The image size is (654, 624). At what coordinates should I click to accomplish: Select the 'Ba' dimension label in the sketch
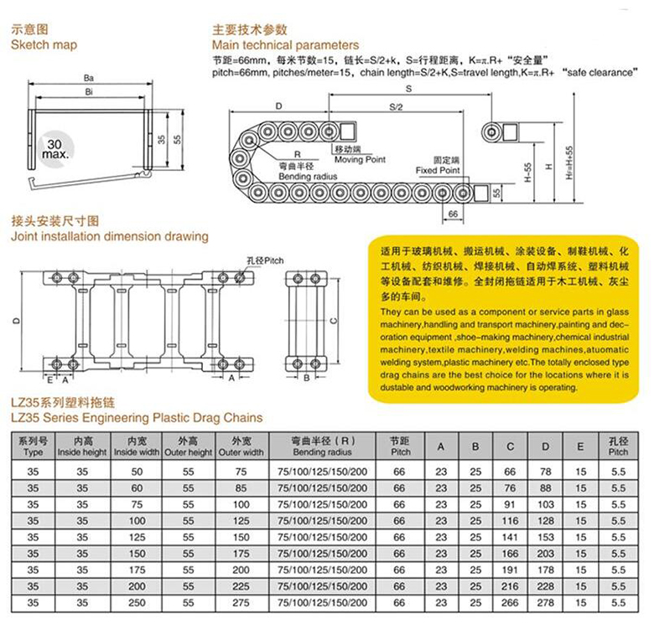(x=88, y=78)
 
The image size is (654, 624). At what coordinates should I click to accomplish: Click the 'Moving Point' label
(x=360, y=159)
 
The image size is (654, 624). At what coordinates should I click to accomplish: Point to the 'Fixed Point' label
(x=439, y=170)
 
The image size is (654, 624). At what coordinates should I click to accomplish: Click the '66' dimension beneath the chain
(x=454, y=215)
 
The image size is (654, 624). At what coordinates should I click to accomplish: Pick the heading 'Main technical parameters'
(x=285, y=44)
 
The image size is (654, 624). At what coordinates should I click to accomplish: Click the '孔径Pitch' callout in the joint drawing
(x=265, y=260)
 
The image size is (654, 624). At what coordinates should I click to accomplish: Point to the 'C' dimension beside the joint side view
(x=333, y=321)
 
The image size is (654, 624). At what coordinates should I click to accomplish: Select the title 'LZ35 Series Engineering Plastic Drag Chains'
(x=137, y=417)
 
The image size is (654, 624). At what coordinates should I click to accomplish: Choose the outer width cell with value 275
(x=241, y=602)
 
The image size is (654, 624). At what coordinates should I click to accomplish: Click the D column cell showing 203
(x=546, y=554)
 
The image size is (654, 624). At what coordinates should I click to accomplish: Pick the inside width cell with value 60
(x=137, y=487)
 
